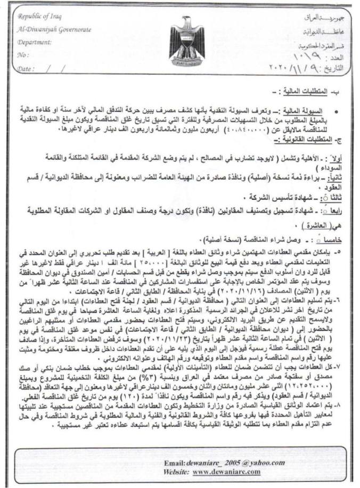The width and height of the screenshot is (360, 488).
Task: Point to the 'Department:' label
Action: [x=34, y=42]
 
